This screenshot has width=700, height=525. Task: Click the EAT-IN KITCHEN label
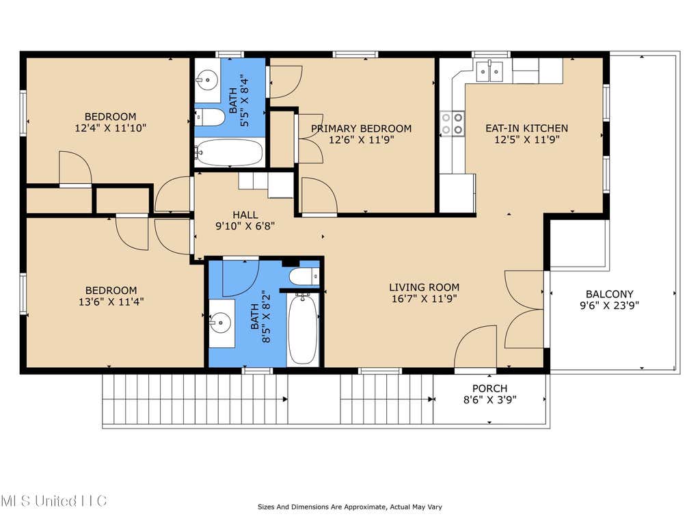point(527,129)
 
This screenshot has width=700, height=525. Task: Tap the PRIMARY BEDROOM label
point(361,129)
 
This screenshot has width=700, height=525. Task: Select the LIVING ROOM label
point(424,288)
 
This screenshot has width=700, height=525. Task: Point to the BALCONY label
point(609,294)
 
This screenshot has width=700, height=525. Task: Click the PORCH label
point(489,388)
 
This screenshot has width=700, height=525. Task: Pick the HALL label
point(245,215)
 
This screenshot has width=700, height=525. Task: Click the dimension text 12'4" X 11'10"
point(110,128)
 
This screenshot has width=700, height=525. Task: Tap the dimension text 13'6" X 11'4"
point(111,301)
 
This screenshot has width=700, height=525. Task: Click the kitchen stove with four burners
point(453,124)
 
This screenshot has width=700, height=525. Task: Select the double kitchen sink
point(489,71)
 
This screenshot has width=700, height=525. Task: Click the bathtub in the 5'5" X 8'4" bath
point(229,152)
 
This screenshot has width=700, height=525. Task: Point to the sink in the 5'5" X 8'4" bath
point(206,81)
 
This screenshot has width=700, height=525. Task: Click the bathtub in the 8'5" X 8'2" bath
point(303,329)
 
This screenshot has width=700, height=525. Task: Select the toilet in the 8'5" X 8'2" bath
point(304,277)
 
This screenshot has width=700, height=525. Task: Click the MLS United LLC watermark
point(53,500)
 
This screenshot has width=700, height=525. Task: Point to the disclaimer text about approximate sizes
point(349,507)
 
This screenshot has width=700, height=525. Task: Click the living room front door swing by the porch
point(476,347)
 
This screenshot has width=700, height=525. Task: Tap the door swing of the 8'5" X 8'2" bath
point(241,278)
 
